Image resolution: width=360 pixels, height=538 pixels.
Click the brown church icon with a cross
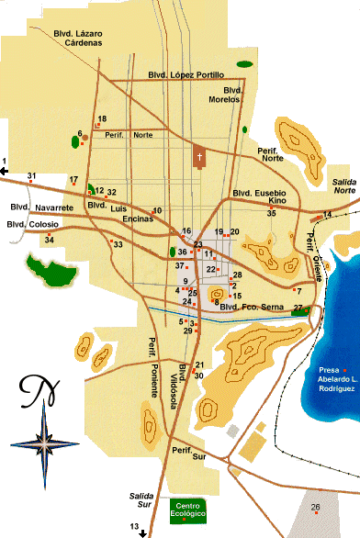pos(199,157)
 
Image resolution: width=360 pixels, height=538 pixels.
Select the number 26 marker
pos(315,508)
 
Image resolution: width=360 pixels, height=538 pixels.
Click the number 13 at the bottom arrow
pos(135,525)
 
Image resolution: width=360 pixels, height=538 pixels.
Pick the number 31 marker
pos(32,176)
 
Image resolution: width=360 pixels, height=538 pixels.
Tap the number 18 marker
pos(102,119)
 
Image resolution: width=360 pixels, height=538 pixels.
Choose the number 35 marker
pos(271,213)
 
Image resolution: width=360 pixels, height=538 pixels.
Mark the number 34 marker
pos(50,241)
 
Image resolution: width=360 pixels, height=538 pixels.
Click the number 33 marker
pos(118,244)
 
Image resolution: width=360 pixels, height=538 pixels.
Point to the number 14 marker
pos(327,215)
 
